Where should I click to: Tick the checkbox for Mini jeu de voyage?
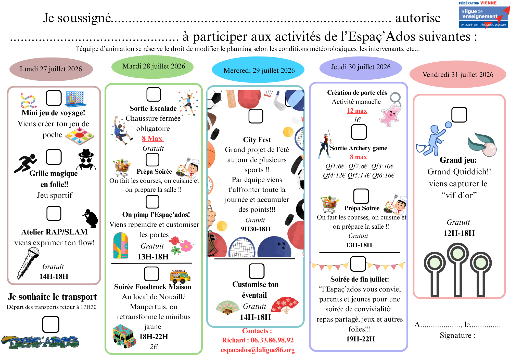click(54, 98)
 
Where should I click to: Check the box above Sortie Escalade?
click(154, 94)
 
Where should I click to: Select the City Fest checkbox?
click(256, 116)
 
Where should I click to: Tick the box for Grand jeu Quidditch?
click(459, 115)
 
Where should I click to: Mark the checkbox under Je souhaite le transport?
click(51, 324)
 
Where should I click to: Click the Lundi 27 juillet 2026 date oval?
click(51, 69)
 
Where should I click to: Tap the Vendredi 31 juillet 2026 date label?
click(458, 74)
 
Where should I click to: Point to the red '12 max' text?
click(357, 111)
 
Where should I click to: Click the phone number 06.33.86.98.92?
click(272, 340)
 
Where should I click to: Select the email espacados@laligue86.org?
click(258, 350)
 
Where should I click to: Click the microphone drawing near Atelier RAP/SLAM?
click(28, 263)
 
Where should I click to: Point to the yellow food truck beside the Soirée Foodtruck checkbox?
click(180, 277)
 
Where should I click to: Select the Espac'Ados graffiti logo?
click(40, 342)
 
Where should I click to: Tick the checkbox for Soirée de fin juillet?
click(358, 264)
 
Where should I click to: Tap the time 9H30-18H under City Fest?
click(256, 229)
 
